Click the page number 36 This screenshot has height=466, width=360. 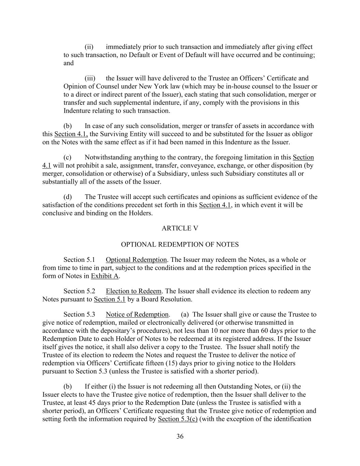coord(180,436)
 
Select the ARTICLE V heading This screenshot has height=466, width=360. coord(180,228)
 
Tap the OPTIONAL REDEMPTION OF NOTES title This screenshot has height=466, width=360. coord(180,244)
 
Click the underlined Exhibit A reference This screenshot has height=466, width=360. coord(105,276)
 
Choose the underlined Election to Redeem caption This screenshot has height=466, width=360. coord(133,291)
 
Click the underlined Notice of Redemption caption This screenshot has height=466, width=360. coord(137,314)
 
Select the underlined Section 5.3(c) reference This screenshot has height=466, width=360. coord(177,419)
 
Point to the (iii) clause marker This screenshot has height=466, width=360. coord(90,78)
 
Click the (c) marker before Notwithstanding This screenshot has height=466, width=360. coord(68,157)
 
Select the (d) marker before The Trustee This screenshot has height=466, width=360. coord(68,197)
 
